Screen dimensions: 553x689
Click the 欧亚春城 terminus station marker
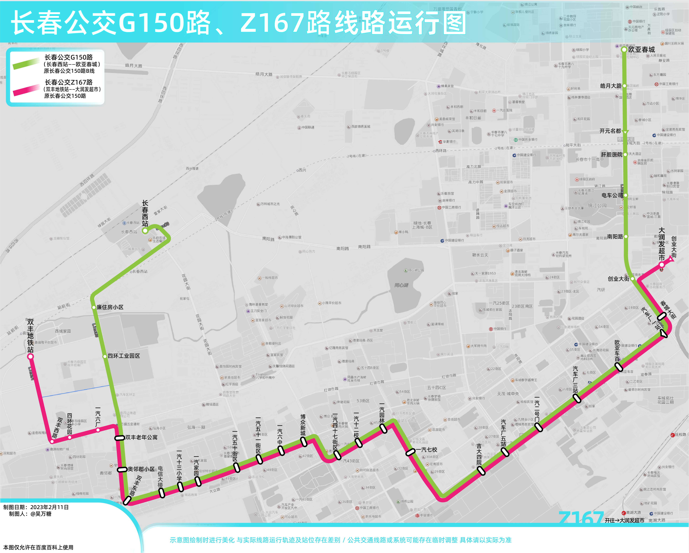pyautogui.click(x=624, y=50)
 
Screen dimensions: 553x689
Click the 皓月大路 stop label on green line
pyautogui.click(x=611, y=86)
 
